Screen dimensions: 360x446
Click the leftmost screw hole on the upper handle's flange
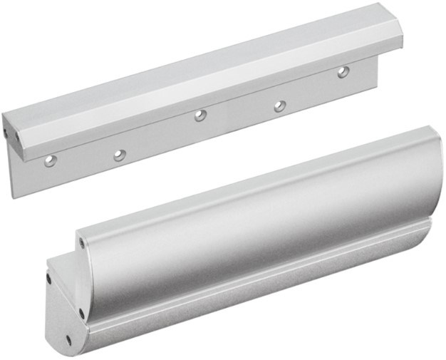click(x=51, y=160)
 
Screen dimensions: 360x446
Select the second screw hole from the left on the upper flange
click(x=120, y=154)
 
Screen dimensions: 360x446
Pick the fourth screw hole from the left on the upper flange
click(x=280, y=106)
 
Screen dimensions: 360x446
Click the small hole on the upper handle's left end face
click(x=6, y=132)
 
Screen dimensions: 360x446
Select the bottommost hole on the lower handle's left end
click(x=69, y=339)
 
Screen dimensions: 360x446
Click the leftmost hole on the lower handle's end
click(x=49, y=279)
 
